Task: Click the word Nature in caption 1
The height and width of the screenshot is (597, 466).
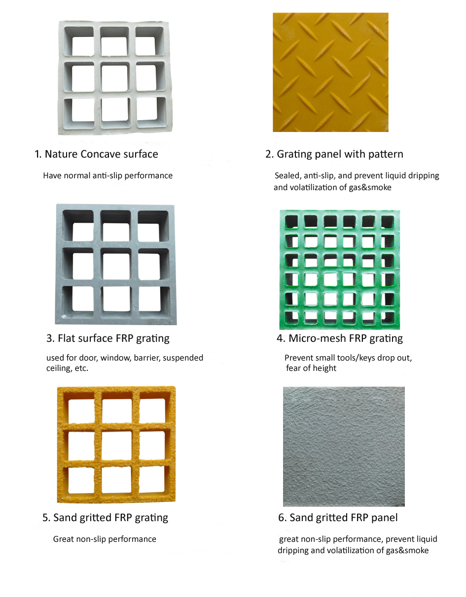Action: pos(61,154)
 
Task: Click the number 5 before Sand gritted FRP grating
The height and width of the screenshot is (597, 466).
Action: pos(45,518)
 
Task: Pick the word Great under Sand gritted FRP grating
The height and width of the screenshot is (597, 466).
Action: pos(63,539)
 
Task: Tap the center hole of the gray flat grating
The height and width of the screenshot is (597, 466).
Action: pos(116,265)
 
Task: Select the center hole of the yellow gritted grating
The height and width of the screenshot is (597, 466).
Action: pos(116,445)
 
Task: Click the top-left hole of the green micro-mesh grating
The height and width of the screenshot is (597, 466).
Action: pos(291,222)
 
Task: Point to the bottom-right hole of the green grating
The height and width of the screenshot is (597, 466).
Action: pos(388,318)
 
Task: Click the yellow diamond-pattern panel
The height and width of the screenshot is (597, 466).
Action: pos(330,72)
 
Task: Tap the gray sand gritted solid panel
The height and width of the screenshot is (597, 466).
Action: pos(344,446)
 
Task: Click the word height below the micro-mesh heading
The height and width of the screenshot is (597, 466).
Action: pos(324,368)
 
